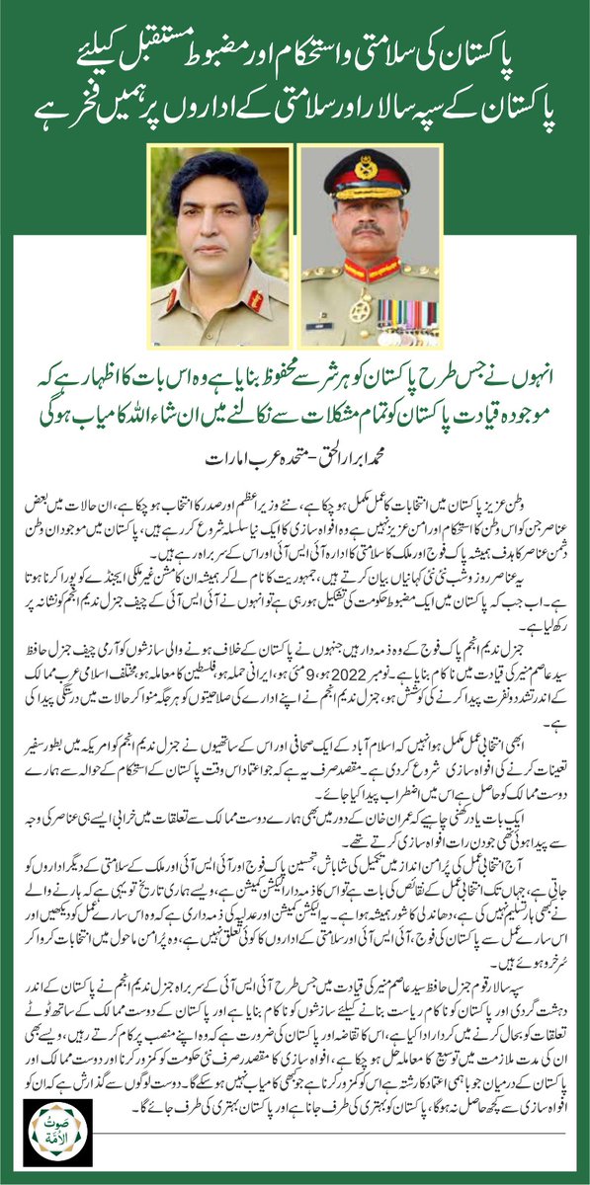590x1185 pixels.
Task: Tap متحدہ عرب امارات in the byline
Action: click(247, 431)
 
